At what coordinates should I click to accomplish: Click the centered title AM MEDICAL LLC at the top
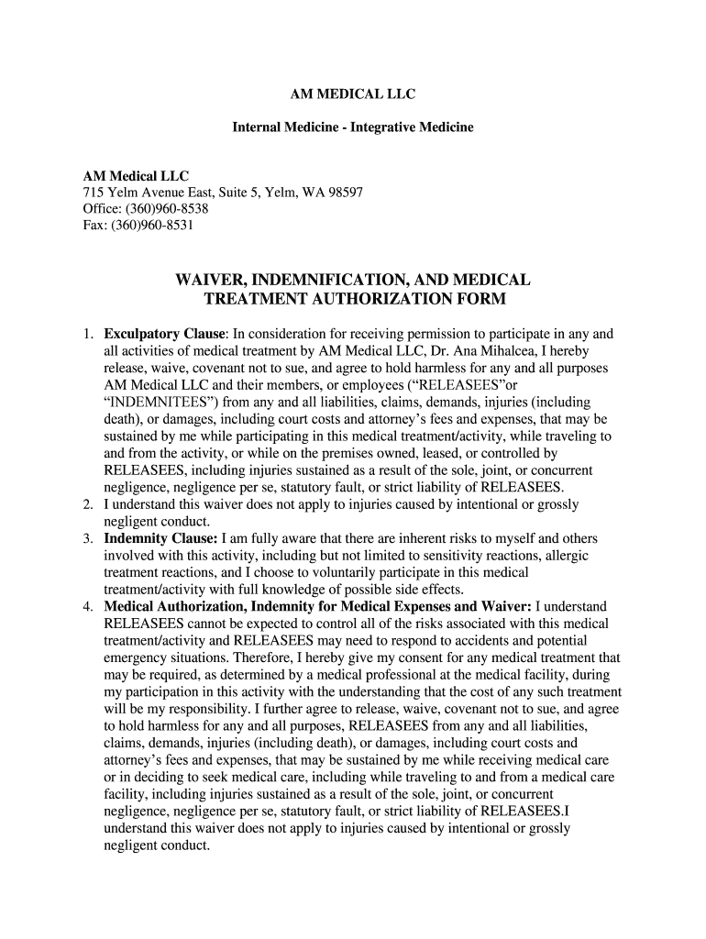(352, 94)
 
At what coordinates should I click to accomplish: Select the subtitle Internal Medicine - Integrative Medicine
(352, 127)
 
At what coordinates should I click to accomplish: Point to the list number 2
(87, 504)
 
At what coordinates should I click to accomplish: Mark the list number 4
(87, 606)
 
